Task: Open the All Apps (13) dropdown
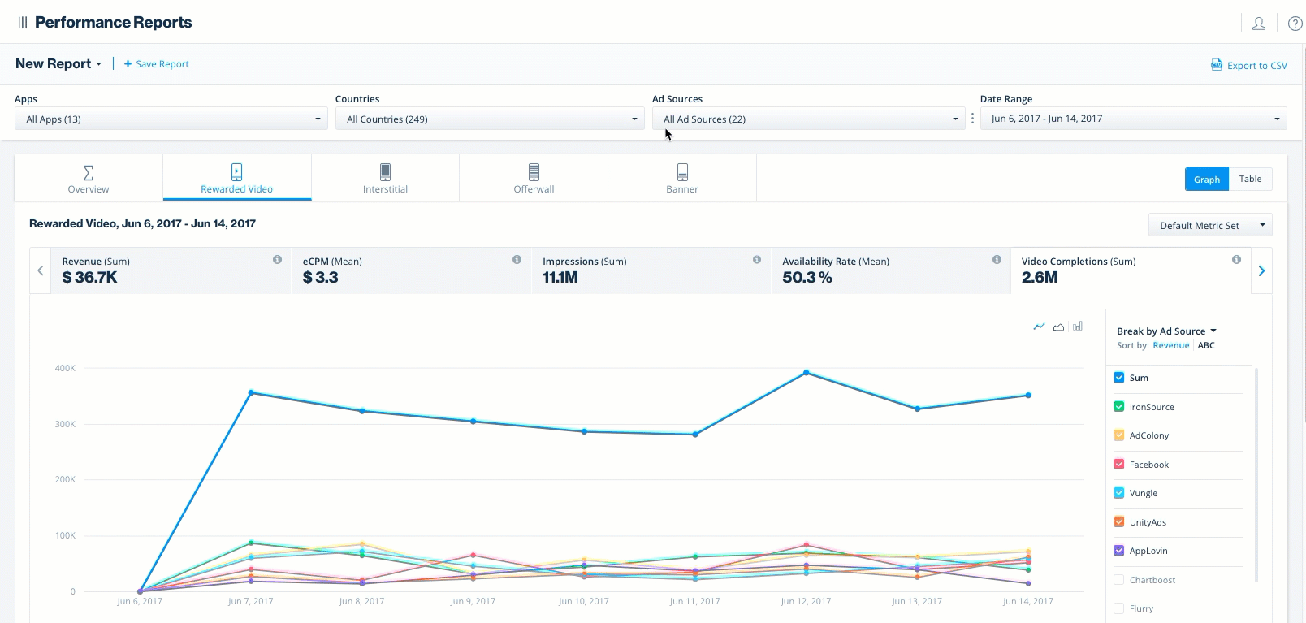pyautogui.click(x=172, y=119)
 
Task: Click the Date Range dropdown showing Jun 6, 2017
pyautogui.click(x=1133, y=119)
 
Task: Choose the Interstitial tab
pyautogui.click(x=385, y=178)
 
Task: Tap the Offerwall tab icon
pyautogui.click(x=534, y=171)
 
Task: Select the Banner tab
pyautogui.click(x=681, y=178)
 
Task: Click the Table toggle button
pyautogui.click(x=1250, y=179)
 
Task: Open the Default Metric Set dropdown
pyautogui.click(x=1209, y=225)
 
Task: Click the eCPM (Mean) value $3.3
pyautogui.click(x=320, y=278)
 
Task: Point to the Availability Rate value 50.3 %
pyautogui.click(x=807, y=278)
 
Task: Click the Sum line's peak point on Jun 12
pyautogui.click(x=806, y=373)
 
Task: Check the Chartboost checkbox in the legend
pyautogui.click(x=1119, y=580)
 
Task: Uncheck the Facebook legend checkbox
pyautogui.click(x=1119, y=465)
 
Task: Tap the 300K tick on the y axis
pyautogui.click(x=65, y=424)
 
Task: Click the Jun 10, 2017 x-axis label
pyautogui.click(x=583, y=601)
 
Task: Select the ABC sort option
pyautogui.click(x=1206, y=345)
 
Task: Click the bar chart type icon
pyautogui.click(x=1078, y=327)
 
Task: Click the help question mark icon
pyautogui.click(x=1295, y=24)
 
